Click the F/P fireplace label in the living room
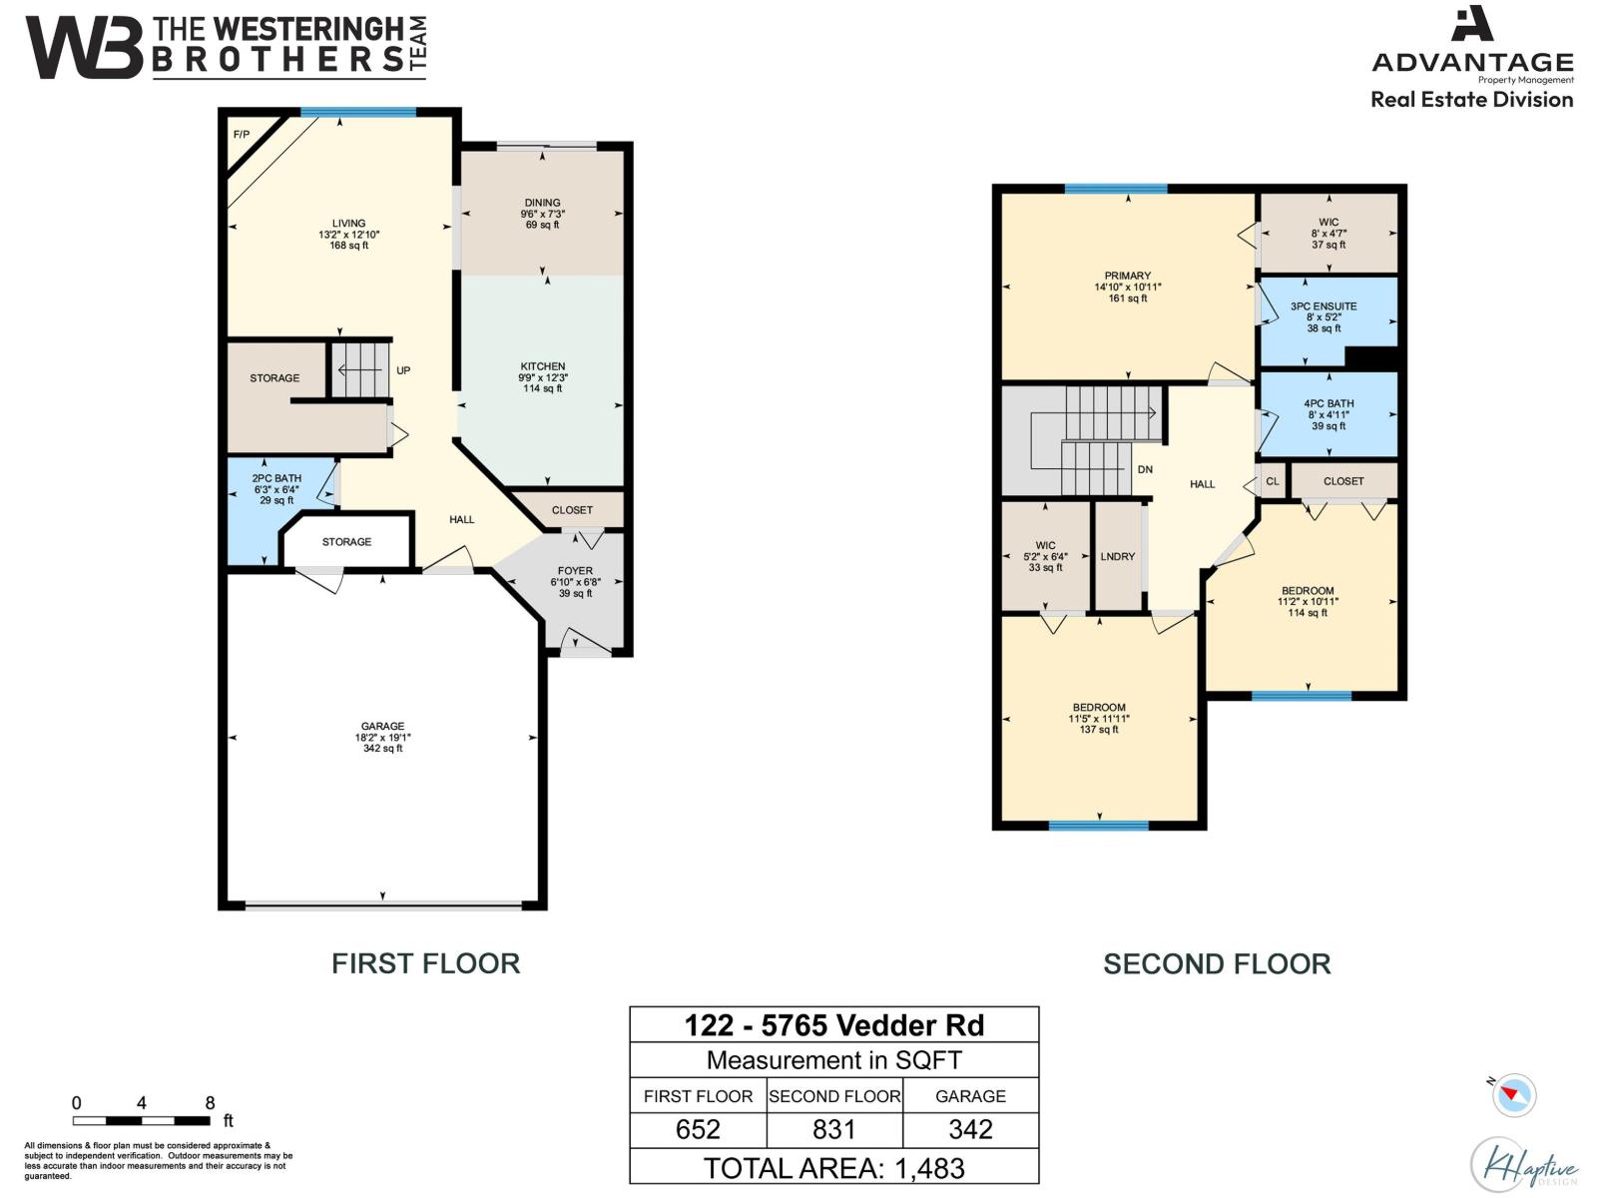(x=241, y=135)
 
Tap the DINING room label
(x=542, y=203)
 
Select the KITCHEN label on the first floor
(x=542, y=366)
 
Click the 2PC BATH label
(x=276, y=478)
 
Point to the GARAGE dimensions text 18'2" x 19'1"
(x=382, y=738)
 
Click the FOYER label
(x=575, y=571)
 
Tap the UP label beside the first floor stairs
(x=403, y=370)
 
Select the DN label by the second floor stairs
(x=1145, y=469)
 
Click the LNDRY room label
(x=1118, y=557)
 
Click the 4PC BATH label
(x=1329, y=404)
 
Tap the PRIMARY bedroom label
(x=1128, y=276)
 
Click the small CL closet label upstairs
(x=1273, y=481)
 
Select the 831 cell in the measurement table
(x=834, y=1129)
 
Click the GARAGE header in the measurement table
(x=970, y=1096)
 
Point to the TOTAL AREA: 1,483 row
(x=834, y=1168)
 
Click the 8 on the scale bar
(x=210, y=1103)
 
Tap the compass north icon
(x=1514, y=1094)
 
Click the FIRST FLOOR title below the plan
(x=425, y=963)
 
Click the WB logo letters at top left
(x=84, y=48)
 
